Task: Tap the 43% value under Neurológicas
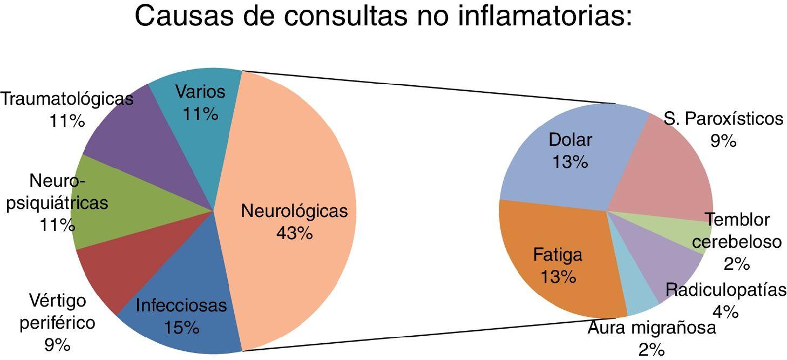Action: pos(294,233)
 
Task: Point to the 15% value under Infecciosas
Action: pos(181,328)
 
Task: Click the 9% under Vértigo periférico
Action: pos(57,345)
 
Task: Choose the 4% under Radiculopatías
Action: pos(725,311)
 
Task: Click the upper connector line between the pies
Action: pos(432,87)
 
